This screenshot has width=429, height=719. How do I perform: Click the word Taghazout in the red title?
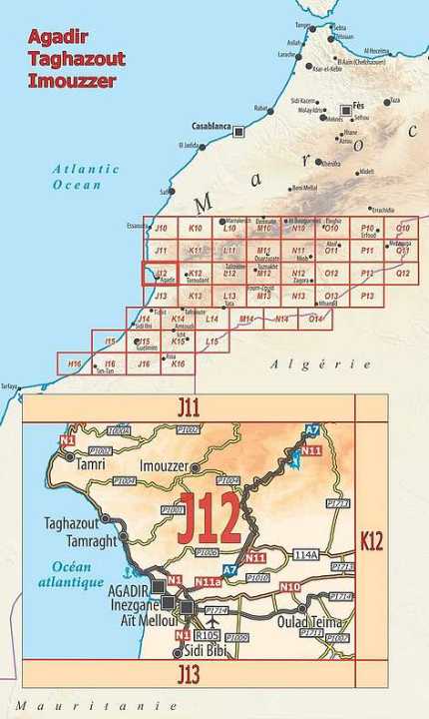tap(78, 58)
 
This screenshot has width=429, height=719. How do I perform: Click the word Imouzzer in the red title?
tap(72, 80)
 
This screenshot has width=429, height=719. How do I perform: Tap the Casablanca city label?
tap(211, 127)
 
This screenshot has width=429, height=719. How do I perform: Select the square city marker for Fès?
tap(346, 110)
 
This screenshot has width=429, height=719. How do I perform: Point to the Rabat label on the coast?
tap(262, 108)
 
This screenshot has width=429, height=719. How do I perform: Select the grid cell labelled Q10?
tap(402, 229)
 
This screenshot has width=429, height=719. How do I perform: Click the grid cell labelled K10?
tap(196, 229)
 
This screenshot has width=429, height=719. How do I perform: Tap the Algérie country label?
tap(308, 364)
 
